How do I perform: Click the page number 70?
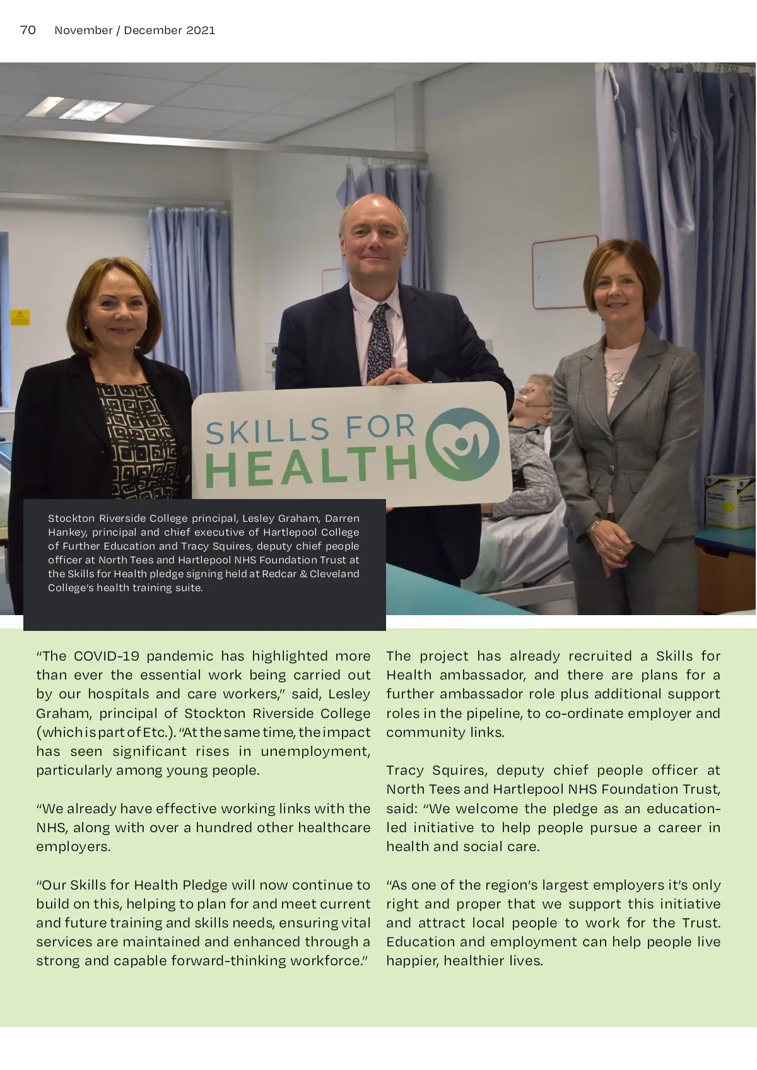(28, 30)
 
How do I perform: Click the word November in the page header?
(83, 30)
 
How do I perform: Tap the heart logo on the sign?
(463, 444)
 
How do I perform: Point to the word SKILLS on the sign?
(266, 432)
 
